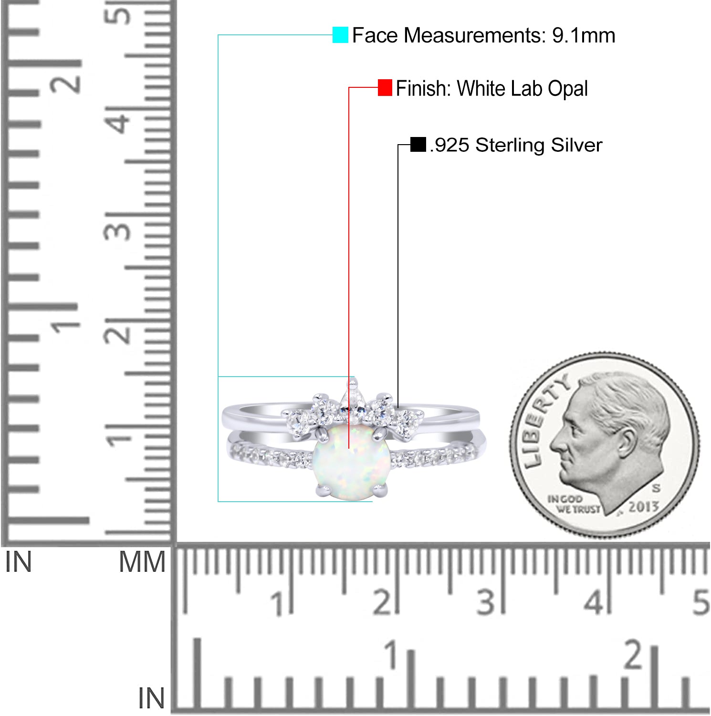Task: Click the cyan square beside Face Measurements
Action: pos(340,35)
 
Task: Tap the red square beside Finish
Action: pos(385,87)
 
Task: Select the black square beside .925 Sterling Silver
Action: pos(418,145)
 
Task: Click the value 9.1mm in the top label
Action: pos(584,35)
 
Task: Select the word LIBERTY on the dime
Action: pos(544,420)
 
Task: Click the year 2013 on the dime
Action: pos(644,506)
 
